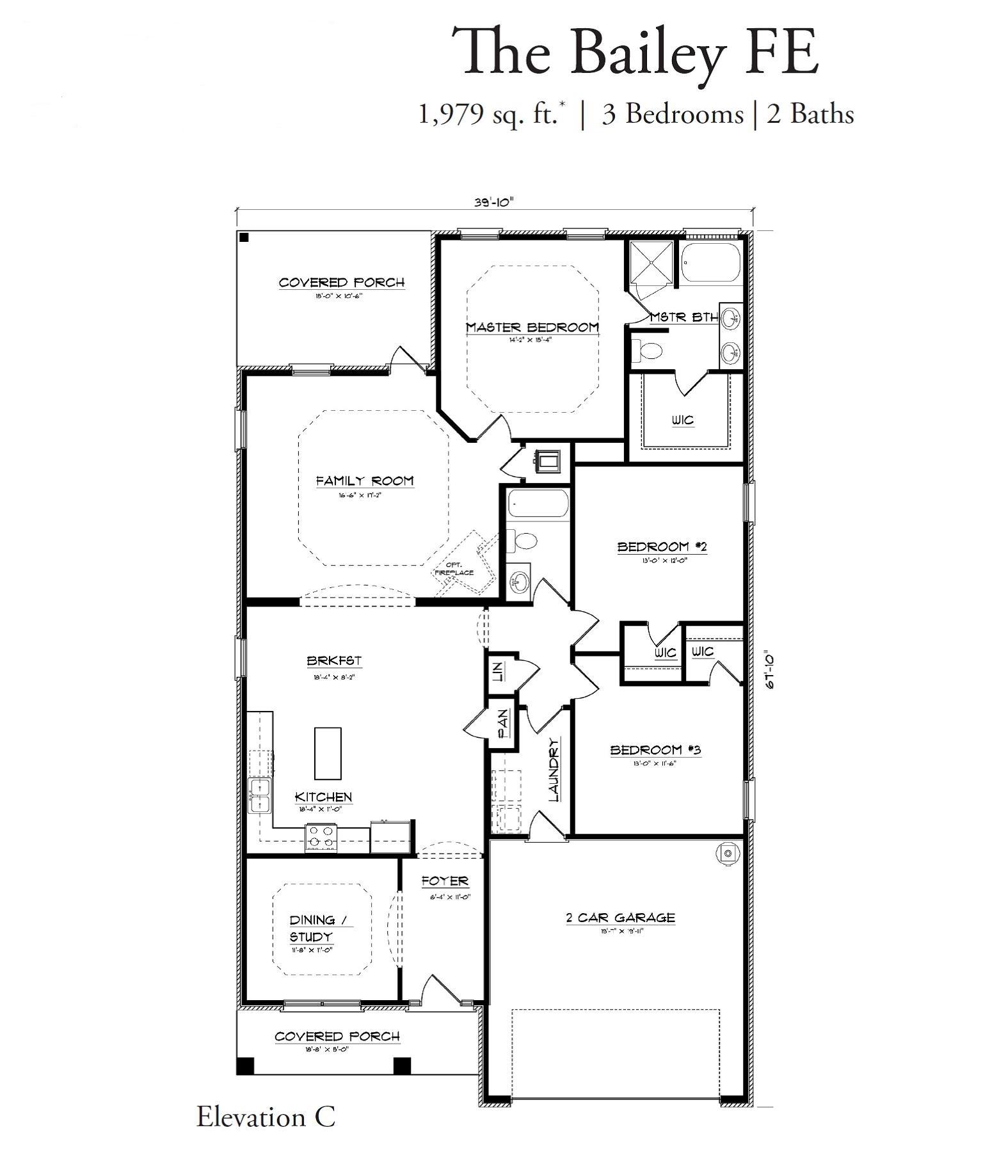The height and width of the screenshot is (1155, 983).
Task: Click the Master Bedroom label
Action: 532,328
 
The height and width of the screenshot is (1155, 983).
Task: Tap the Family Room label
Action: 365,481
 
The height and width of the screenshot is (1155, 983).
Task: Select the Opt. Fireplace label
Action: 455,569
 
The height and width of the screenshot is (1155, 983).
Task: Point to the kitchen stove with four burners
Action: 321,837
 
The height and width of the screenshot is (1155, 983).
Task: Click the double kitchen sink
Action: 260,795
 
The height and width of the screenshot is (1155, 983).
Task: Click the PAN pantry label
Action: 504,723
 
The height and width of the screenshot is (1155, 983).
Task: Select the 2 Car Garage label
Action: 620,918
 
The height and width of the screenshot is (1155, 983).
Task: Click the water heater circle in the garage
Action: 727,852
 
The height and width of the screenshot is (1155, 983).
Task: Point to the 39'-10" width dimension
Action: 494,202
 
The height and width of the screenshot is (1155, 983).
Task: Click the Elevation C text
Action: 266,1117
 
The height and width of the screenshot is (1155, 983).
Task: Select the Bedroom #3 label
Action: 655,749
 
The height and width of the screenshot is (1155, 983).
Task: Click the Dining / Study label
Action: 321,928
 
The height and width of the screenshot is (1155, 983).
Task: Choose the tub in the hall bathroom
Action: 538,504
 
